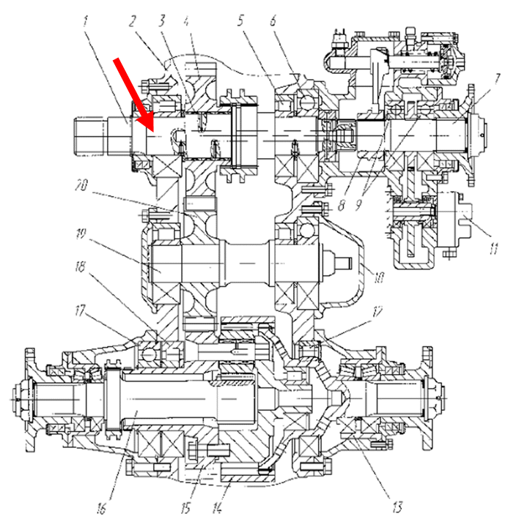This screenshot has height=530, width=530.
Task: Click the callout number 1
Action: [x=87, y=22]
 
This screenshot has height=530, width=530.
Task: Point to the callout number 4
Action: [x=188, y=21]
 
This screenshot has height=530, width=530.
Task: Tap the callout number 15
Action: [x=188, y=507]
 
